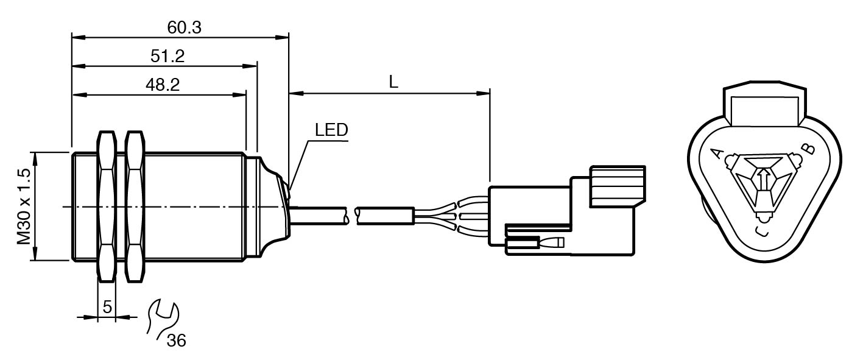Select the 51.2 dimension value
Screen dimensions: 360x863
167,56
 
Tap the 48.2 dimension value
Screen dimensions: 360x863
161,85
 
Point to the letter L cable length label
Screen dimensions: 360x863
393,83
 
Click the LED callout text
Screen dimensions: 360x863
331,130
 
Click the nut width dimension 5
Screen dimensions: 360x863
107,307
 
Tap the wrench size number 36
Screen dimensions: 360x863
176,340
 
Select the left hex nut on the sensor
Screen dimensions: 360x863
107,207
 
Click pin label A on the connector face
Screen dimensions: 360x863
717,154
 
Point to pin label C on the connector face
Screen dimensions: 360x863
761,230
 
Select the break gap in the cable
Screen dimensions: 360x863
351,214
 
